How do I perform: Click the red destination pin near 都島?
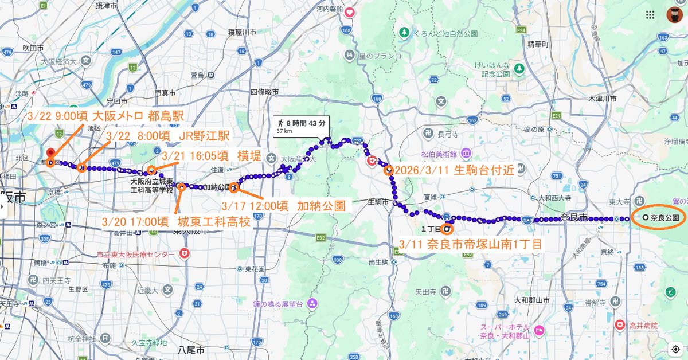click(x=50, y=154)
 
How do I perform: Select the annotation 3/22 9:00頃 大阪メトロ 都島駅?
click(x=105, y=116)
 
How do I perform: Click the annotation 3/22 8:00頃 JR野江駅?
click(x=168, y=136)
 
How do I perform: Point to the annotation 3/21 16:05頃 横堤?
click(x=212, y=155)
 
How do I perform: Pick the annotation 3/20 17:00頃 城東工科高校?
click(x=175, y=221)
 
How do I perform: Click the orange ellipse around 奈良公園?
click(x=658, y=218)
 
